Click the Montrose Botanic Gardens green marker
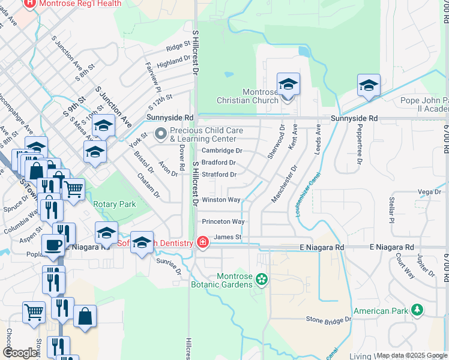pos(262,278)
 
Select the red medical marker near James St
pos(203,242)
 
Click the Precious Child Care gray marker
pos(160,134)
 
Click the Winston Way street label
pos(221,200)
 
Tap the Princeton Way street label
pos(223,221)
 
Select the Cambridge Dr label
pos(221,151)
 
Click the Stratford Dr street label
pos(219,175)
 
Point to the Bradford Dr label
pos(218,163)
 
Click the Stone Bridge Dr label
pos(328,319)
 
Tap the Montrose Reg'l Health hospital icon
pos(29,4)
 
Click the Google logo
pos(20,353)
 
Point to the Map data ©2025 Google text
pos(412,355)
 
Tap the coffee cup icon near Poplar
pos(52,245)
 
